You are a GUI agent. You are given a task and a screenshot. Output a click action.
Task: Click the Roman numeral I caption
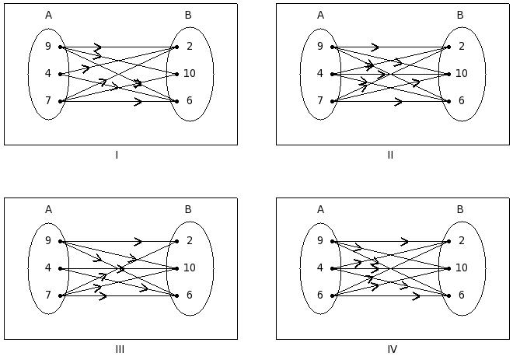pos(117,155)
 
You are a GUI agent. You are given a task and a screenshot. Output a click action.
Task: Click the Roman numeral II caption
pos(390,155)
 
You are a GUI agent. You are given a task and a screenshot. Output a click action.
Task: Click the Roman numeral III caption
pos(120,349)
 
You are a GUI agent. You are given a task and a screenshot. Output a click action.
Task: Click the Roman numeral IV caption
pos(392,349)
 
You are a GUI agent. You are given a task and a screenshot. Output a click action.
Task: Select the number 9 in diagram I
pos(48,47)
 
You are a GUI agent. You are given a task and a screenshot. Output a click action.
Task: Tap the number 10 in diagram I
pos(190,74)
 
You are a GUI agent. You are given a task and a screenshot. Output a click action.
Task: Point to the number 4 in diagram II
pos(320,74)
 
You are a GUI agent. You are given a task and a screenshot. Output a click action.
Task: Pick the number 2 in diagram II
pos(461,47)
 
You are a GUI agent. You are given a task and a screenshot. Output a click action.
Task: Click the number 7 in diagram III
pos(48,295)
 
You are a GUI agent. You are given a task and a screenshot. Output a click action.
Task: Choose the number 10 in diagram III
pos(190,268)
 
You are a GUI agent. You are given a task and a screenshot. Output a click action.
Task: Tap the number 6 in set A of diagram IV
pos(320,295)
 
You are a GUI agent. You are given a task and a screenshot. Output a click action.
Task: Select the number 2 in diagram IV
pos(461,241)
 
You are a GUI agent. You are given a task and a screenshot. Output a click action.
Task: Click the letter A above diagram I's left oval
pos(48,15)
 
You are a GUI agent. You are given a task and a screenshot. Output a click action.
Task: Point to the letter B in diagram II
pos(460,15)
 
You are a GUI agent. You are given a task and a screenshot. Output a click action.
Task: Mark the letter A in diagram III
pos(48,209)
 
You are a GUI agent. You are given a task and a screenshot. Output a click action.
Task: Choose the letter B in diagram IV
pos(460,209)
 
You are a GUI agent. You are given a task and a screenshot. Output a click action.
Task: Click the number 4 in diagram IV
pos(320,268)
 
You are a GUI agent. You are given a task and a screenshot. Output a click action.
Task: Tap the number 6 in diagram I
pos(189,101)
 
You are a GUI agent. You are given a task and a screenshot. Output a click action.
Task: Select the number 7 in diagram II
pos(320,101)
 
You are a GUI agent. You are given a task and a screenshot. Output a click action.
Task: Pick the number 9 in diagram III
pos(48,241)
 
